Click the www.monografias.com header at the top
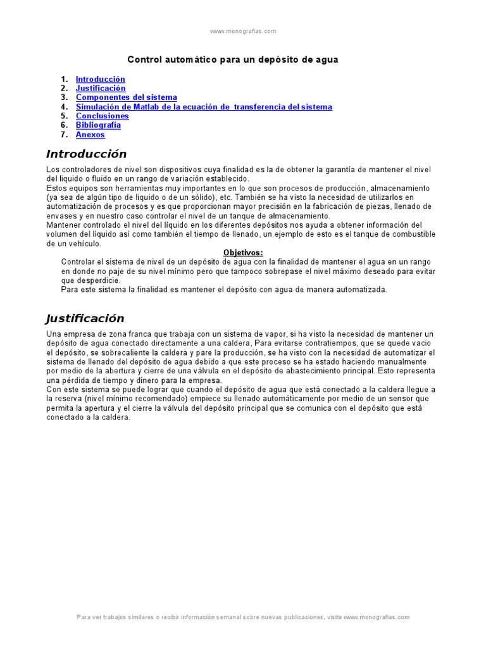(243, 31)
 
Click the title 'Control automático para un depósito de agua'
(233, 59)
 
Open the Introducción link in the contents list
(101, 79)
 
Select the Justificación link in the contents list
(101, 89)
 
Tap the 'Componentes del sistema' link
(127, 97)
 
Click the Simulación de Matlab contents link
(204, 107)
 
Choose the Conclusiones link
(103, 116)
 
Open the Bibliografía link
(98, 125)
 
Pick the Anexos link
(90, 134)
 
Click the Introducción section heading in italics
(87, 154)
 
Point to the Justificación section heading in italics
(85, 318)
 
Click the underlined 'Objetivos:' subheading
(243, 252)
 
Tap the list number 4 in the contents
(64, 107)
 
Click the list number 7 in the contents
(64, 134)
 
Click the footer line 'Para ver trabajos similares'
(243, 617)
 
